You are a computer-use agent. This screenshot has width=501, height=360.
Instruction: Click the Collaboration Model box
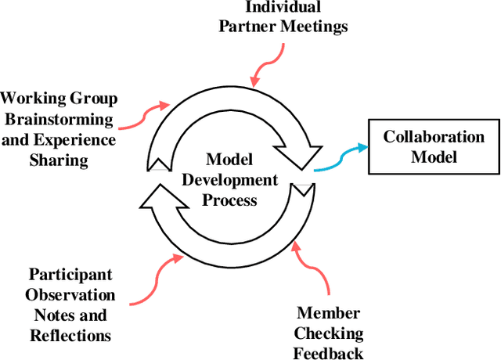point(433,146)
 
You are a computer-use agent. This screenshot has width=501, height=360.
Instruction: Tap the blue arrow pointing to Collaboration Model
point(341,157)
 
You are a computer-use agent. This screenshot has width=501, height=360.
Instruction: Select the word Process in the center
point(229,200)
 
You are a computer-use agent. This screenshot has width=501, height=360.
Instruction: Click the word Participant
point(70,275)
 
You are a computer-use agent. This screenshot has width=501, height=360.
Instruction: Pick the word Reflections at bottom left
point(70,336)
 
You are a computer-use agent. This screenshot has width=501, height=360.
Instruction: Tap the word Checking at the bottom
point(328,333)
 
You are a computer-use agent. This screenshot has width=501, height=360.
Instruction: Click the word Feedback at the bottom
point(328,353)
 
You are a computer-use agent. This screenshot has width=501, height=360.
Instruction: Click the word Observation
point(70,295)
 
